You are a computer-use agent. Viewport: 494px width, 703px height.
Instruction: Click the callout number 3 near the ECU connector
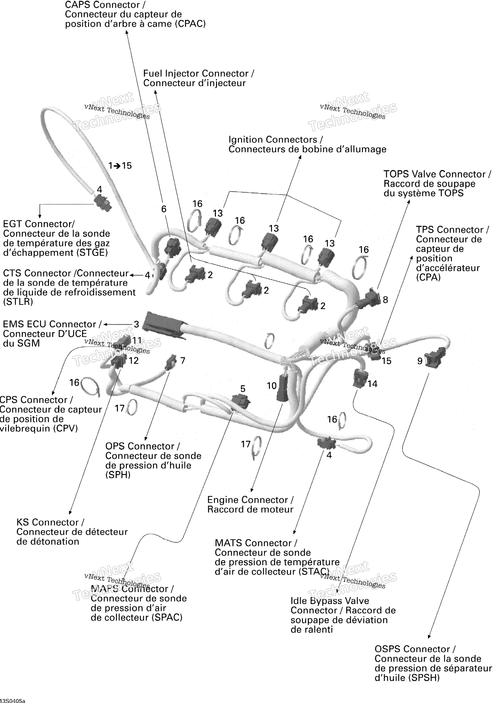[x=136, y=324]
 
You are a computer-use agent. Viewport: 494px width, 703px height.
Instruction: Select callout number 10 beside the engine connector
[x=272, y=386]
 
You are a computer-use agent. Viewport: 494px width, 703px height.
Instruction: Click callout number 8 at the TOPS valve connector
[x=386, y=300]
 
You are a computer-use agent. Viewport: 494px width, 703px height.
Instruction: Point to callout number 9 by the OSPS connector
[x=420, y=361]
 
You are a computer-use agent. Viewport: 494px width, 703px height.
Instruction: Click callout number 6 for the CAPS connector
[x=164, y=209]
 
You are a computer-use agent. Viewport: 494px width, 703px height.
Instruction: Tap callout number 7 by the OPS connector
[x=183, y=361]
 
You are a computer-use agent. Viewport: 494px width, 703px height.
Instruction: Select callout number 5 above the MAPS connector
[x=243, y=389]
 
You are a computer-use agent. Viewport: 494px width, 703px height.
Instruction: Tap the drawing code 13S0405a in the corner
[x=13, y=700]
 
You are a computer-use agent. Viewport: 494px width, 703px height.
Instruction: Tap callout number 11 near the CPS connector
[x=137, y=340]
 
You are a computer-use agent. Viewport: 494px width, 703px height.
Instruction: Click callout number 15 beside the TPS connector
[x=386, y=361]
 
